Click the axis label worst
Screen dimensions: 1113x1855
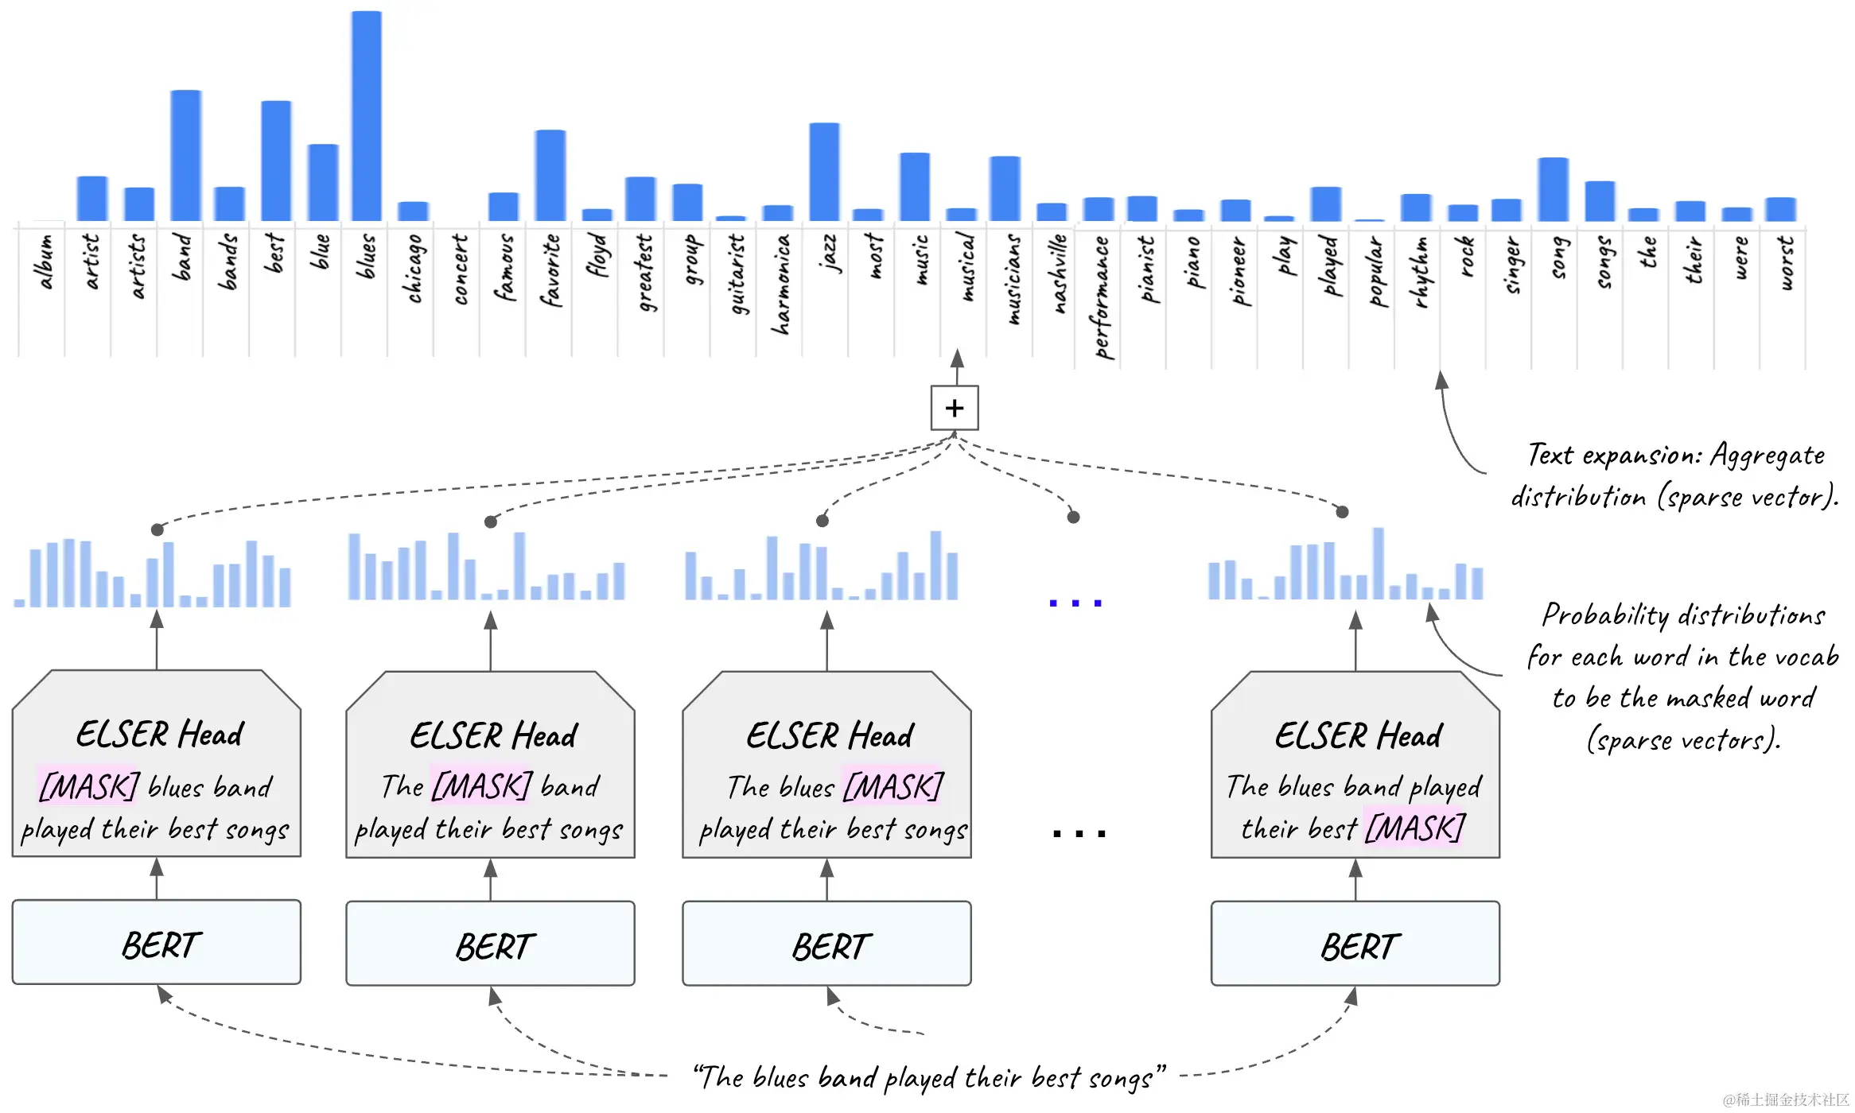click(x=1786, y=262)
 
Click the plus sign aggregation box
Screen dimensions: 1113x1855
click(x=955, y=408)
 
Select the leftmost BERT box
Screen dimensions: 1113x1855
click(x=157, y=943)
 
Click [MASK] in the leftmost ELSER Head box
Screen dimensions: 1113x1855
click(x=89, y=787)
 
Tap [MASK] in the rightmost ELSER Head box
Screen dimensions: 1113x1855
click(x=1415, y=828)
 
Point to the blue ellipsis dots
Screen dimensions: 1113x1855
click(x=1075, y=603)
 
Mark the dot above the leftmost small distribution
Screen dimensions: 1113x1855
click(x=157, y=529)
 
